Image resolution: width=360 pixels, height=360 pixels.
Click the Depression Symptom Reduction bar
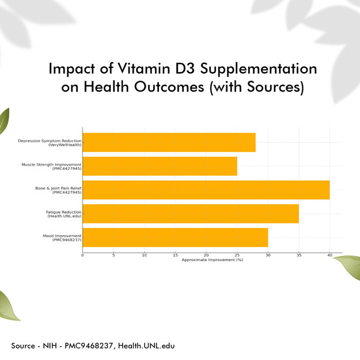(x=169, y=142)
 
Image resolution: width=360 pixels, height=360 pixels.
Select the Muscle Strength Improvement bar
(x=160, y=166)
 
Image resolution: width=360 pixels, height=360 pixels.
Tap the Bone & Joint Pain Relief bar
(x=206, y=190)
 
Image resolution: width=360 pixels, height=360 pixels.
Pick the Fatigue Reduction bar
(x=191, y=214)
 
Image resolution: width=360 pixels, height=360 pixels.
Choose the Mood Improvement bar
(x=176, y=237)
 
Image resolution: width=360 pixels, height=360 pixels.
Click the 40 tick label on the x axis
(x=329, y=255)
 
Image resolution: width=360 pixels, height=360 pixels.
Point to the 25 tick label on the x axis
(x=237, y=255)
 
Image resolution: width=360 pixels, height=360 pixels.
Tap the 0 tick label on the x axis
(x=82, y=255)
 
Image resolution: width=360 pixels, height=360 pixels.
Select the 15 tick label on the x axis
(x=176, y=255)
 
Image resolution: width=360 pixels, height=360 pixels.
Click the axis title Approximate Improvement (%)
(x=213, y=260)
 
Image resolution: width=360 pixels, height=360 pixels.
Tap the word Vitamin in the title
(x=144, y=69)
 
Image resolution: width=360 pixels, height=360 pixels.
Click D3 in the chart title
(x=185, y=69)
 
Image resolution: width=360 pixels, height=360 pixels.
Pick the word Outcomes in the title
(x=169, y=87)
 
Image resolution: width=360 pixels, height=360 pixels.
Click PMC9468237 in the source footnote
(x=89, y=346)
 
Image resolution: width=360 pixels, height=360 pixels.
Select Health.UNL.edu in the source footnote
(x=146, y=346)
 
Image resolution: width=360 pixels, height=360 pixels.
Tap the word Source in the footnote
(x=23, y=346)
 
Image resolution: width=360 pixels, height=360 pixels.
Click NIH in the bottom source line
(x=50, y=346)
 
